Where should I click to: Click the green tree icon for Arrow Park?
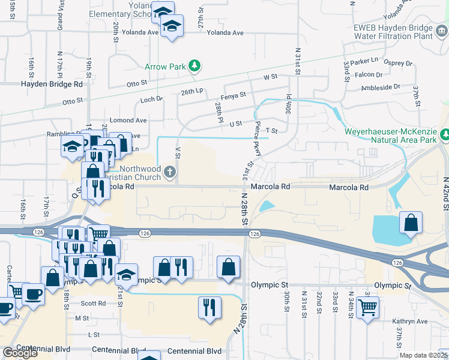(194, 65)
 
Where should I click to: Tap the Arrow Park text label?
(165, 67)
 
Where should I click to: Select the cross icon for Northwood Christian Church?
(170, 173)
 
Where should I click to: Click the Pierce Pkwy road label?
(257, 141)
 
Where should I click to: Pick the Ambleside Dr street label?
(381, 87)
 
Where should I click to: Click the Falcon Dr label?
(369, 75)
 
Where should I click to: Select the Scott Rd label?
(93, 304)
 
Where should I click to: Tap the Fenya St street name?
(234, 95)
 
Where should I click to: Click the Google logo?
(20, 353)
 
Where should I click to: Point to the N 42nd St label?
(445, 193)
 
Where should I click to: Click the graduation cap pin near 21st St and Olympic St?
(126, 274)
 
